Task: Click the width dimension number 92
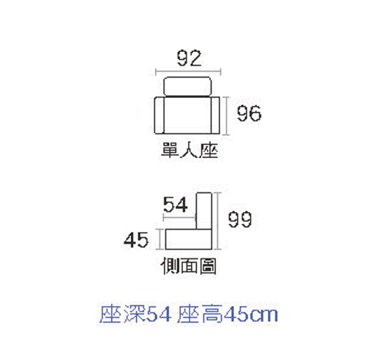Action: click(x=189, y=59)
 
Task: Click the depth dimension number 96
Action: click(x=249, y=113)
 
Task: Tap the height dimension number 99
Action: click(x=240, y=220)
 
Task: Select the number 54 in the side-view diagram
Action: click(x=176, y=204)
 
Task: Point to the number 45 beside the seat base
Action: click(x=136, y=240)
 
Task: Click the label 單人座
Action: click(x=190, y=150)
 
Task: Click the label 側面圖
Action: click(x=189, y=266)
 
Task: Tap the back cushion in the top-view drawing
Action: click(x=187, y=86)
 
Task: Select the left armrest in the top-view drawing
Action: click(x=160, y=116)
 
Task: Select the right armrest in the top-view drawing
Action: click(x=215, y=116)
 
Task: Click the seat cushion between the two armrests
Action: click(x=187, y=116)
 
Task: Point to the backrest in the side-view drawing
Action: click(x=204, y=211)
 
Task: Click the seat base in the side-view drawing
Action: click(x=189, y=239)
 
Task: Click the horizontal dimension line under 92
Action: click(x=188, y=72)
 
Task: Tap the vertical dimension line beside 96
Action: click(x=226, y=116)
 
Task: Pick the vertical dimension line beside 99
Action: click(x=218, y=221)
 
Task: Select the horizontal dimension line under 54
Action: click(x=179, y=217)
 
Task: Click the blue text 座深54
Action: click(x=135, y=314)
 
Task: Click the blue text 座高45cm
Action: click(x=228, y=314)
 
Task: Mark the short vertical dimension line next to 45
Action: click(x=160, y=239)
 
